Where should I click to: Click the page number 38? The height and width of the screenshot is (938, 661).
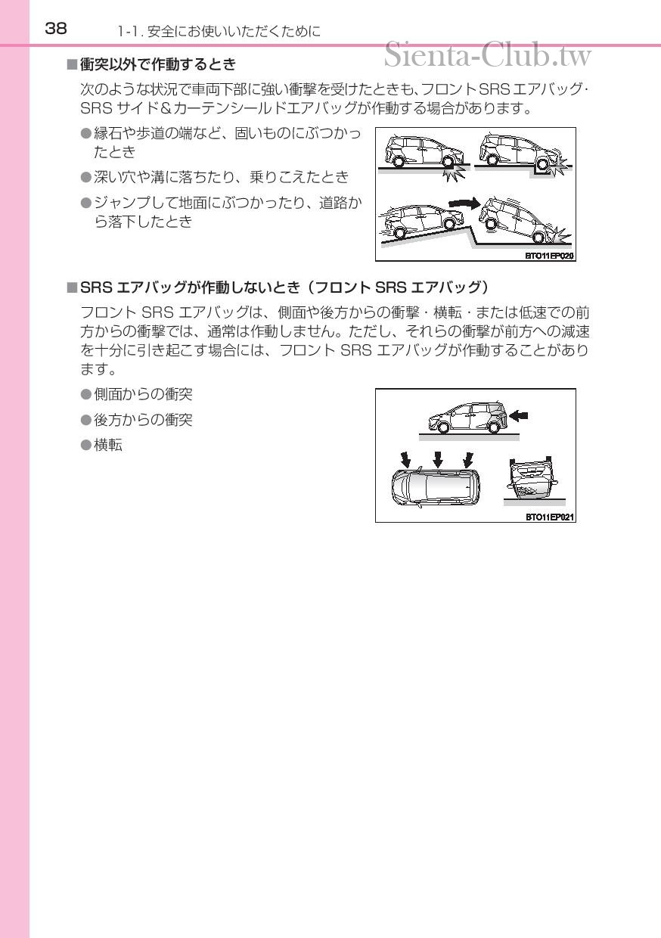pos(56,29)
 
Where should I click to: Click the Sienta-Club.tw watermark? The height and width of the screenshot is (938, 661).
pos(487,54)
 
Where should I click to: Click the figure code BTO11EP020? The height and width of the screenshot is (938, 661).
pos(550,256)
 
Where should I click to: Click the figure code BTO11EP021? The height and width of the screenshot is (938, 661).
pos(550,517)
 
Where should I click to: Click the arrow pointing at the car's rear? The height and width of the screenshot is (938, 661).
pos(519,415)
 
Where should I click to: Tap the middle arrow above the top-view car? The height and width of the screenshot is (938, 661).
pos(437,459)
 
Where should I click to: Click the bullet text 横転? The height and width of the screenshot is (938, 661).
pos(108,445)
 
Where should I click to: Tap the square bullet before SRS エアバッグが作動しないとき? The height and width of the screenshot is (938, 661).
pos(71,287)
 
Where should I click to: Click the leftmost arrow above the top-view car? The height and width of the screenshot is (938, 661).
pos(406,459)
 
